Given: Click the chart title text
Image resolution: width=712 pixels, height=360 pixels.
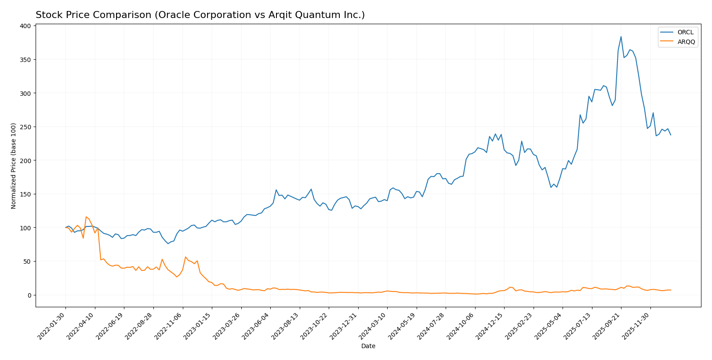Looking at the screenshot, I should point(200,15).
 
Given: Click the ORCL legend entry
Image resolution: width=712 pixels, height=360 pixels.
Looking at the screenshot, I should point(685,32).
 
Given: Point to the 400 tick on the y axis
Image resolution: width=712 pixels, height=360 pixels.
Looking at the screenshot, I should point(25,26).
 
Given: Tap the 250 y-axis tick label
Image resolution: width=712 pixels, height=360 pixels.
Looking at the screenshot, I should point(25,127).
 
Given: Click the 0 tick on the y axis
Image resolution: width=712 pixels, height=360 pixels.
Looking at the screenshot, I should point(29,295).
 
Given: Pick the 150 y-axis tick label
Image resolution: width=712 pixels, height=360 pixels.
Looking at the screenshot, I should point(25,194).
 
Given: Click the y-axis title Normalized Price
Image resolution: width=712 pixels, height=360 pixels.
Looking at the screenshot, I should point(14,166).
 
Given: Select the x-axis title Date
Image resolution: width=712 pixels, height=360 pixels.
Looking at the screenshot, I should point(368,346).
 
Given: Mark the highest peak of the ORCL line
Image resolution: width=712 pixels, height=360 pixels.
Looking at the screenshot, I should point(621,36).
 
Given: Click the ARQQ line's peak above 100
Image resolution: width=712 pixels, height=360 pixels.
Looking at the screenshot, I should point(86,217).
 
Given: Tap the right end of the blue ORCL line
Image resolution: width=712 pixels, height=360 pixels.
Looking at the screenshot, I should point(671,135).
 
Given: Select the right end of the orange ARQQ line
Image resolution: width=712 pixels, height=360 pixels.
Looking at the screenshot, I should point(671,290).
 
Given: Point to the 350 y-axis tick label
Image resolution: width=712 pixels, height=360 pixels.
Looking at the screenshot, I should point(25,60).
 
